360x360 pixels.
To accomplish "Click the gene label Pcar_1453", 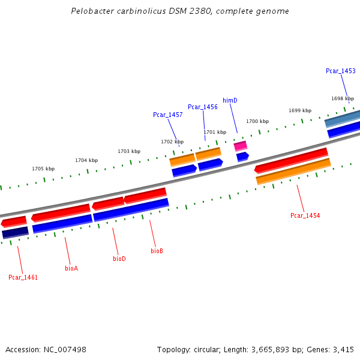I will pos(340,71).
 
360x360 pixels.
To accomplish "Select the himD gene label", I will pos(230,100).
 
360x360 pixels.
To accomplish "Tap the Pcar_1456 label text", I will pos(202,107).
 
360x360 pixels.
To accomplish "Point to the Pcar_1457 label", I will pos(167,115).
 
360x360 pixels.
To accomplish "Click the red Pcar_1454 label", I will pos(305,215).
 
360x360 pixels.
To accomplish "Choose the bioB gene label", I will pos(157,251).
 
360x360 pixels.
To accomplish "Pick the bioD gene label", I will pos(119,259).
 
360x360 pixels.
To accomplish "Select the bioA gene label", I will pos(71,268).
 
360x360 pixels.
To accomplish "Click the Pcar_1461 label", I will pos(23,277).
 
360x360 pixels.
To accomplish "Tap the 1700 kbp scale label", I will pos(257,121).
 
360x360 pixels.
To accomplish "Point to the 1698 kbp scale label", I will pos(343,98).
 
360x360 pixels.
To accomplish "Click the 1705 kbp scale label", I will pos(43,169).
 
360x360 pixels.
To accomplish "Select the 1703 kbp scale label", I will pos(129,151).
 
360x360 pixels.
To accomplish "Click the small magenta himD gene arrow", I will pos(240,146).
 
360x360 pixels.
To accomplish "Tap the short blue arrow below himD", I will pos(242,157).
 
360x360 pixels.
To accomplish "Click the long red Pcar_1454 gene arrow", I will pos(291,160).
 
